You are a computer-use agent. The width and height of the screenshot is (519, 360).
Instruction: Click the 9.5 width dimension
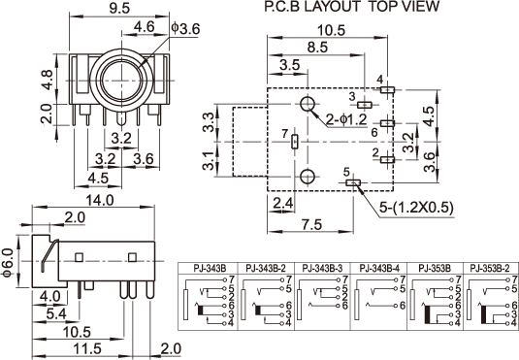pyautogui.click(x=119, y=8)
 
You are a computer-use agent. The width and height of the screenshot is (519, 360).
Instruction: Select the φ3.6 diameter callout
pyautogui.click(x=185, y=29)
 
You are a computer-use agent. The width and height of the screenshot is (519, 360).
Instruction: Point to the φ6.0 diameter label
pyautogui.click(x=8, y=263)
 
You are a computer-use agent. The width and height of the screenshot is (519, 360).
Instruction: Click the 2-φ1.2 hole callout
pyautogui.click(x=346, y=119)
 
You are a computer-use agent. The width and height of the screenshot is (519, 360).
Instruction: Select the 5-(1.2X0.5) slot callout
pyautogui.click(x=416, y=208)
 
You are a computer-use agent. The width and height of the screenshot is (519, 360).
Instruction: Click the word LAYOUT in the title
pyautogui.click(x=332, y=7)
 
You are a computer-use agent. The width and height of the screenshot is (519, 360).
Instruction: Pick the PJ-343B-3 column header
pyautogui.click(x=322, y=268)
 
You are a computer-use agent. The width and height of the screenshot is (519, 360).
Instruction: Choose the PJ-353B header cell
pyautogui.click(x=435, y=268)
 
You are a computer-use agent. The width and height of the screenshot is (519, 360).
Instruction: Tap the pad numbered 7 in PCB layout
pyautogui.click(x=294, y=142)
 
